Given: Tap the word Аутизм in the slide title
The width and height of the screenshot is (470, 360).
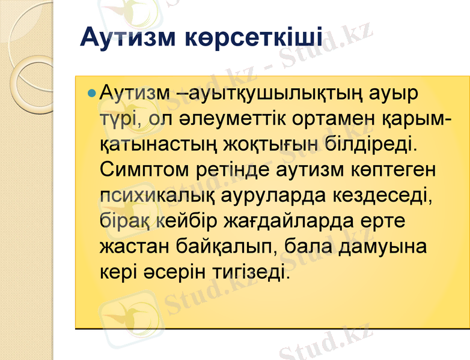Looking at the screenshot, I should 120,37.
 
